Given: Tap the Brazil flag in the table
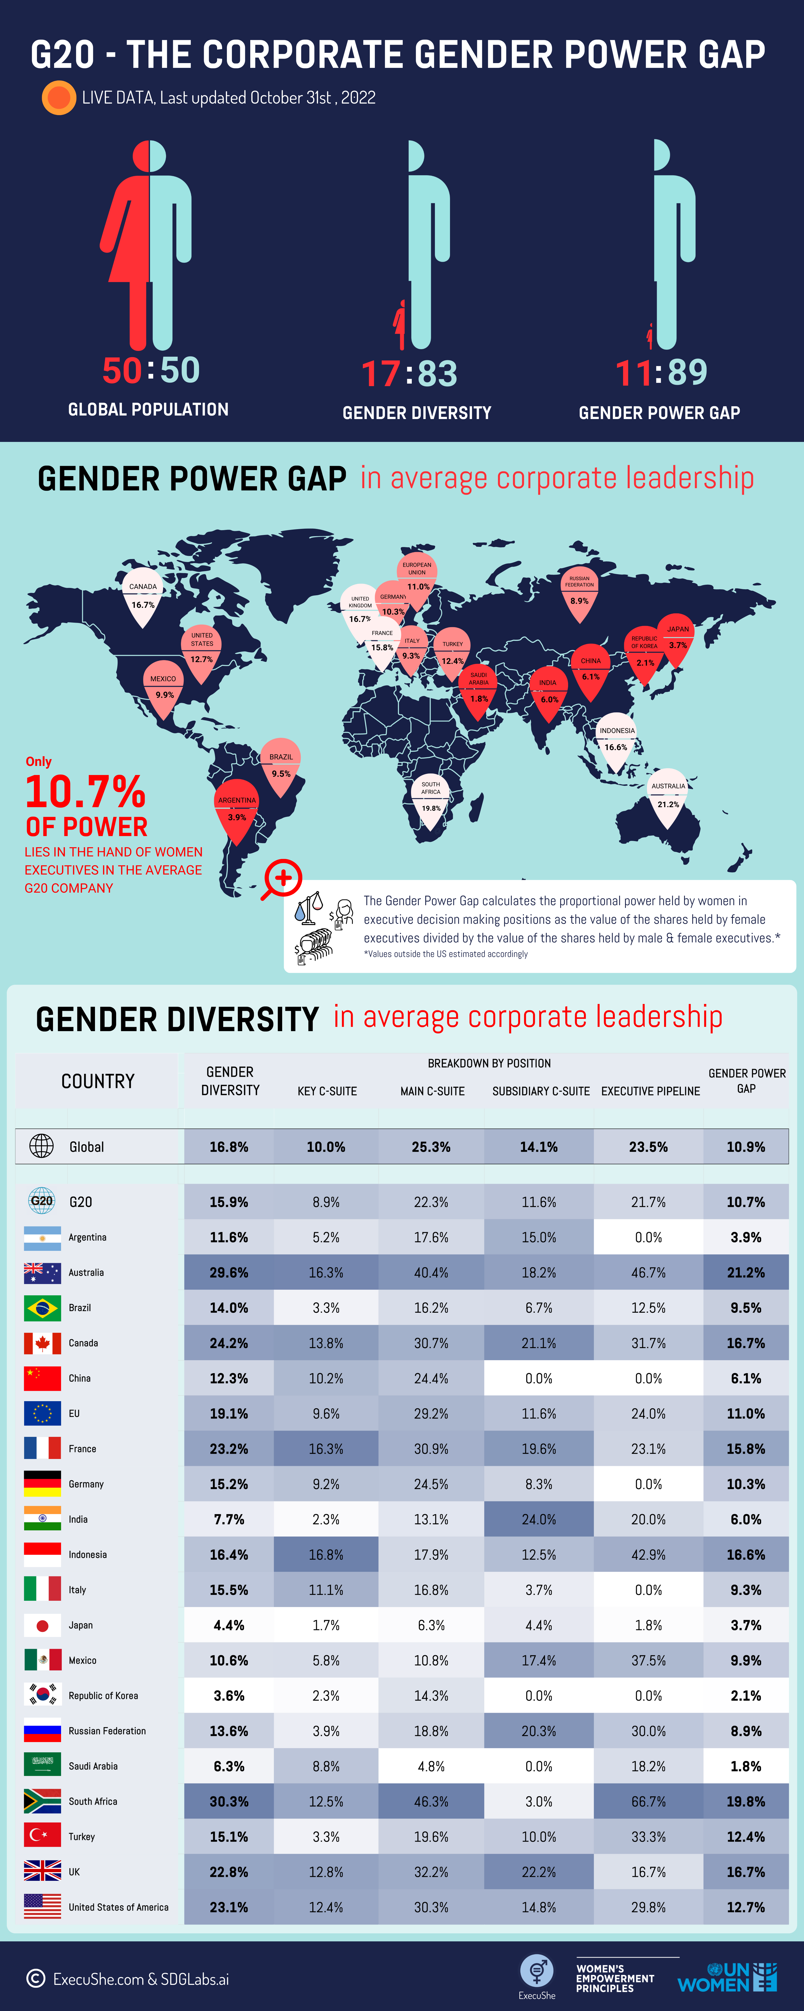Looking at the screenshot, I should click(42, 1308).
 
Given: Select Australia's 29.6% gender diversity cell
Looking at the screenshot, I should click(229, 1272).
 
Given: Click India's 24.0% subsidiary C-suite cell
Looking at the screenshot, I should click(539, 1519).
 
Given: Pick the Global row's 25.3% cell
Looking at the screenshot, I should click(431, 1147).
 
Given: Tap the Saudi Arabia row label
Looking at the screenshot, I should click(93, 1766).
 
